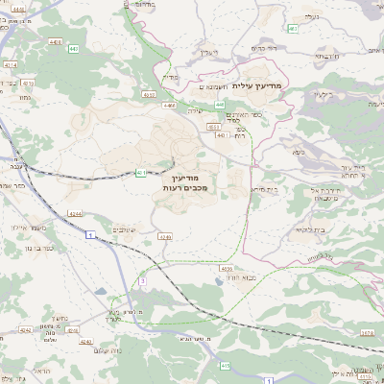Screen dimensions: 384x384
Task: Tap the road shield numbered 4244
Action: tap(75, 213)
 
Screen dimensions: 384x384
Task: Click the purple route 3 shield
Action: tap(140, 281)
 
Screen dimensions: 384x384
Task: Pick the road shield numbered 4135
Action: tap(227, 269)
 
